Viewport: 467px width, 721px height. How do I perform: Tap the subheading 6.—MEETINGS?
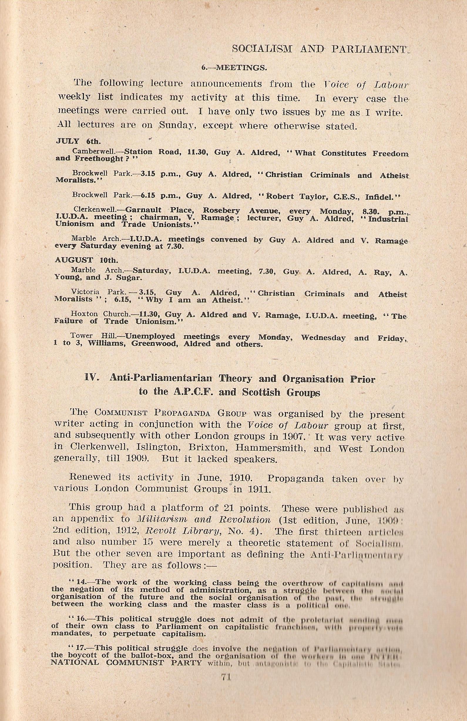coord(234,68)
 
